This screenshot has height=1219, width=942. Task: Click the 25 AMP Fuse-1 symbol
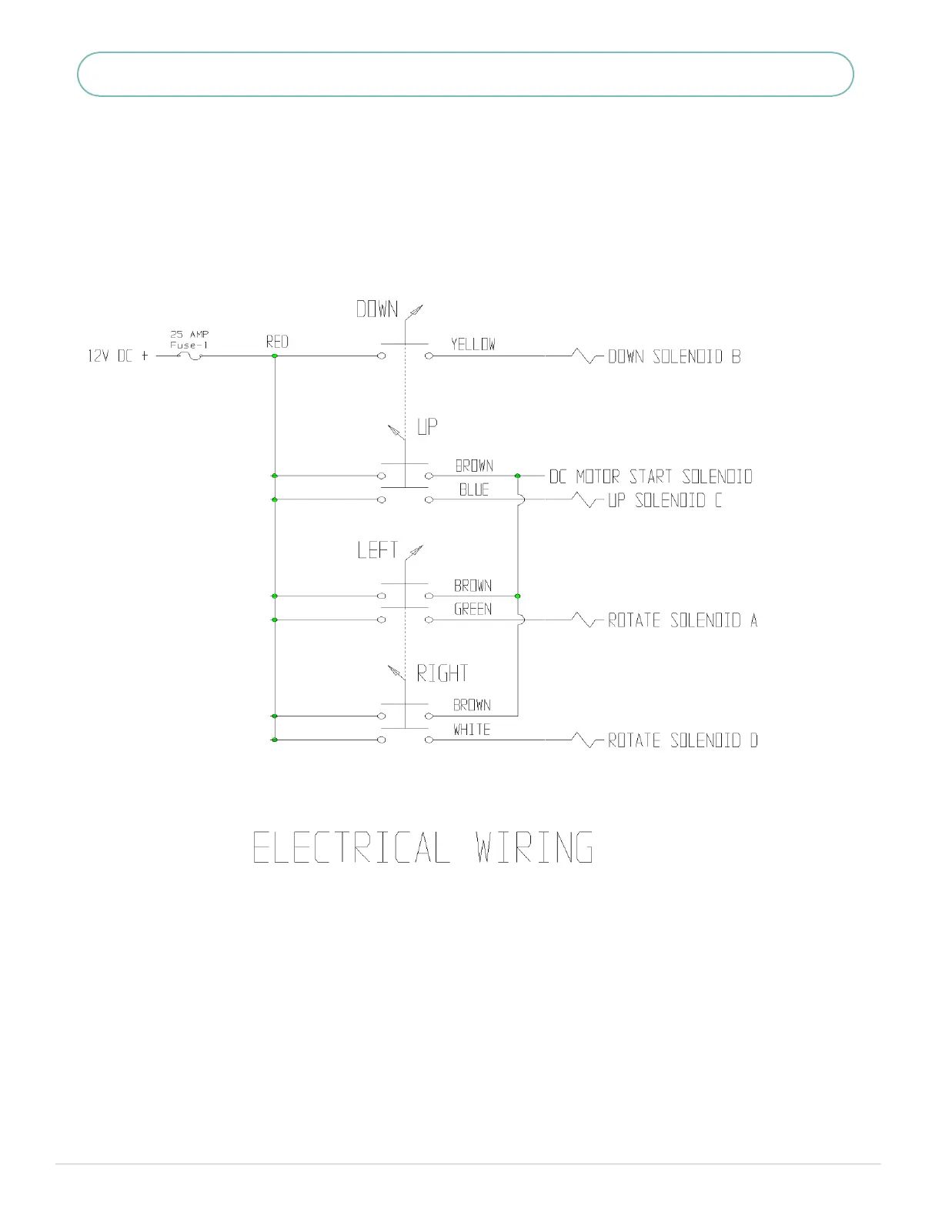189,356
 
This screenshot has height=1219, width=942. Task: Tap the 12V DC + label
118,356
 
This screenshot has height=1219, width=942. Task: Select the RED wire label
277,342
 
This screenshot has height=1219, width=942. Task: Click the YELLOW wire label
473,344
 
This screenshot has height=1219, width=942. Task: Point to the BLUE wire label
474,489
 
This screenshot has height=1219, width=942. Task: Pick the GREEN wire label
473,609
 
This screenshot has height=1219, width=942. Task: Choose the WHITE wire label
472,730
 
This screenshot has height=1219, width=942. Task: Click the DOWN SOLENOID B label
674,356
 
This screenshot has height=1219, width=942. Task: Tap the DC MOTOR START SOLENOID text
651,476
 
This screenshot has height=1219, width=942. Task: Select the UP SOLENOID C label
665,500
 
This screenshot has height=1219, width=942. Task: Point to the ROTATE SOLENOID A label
683,620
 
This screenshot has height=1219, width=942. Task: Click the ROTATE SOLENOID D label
683,740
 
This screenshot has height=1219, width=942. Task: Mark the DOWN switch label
377,309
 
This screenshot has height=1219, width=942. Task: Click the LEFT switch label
377,550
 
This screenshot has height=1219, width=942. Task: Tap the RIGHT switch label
443,673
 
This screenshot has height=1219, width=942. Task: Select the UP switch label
427,426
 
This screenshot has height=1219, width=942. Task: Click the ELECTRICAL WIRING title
423,847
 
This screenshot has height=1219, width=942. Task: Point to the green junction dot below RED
275,356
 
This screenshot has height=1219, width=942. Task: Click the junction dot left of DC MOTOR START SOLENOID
518,476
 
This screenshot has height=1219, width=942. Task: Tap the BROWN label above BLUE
474,466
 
